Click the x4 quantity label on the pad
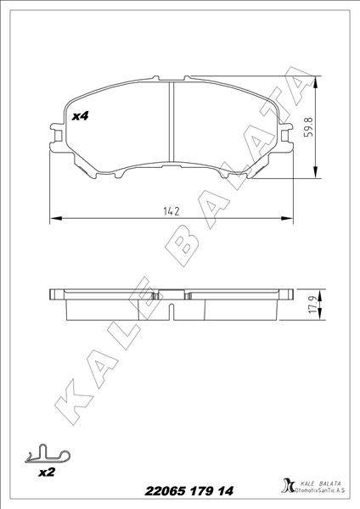coord(82,115)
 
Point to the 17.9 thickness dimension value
coord(312,305)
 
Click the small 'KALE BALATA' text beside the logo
coord(318,482)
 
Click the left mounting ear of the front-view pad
coord(57,133)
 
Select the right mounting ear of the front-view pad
coord(287,133)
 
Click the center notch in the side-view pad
coord(172,298)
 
